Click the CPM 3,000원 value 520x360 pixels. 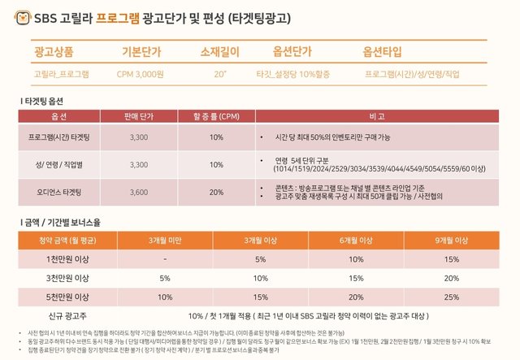point(140,74)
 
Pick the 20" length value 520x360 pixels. point(219,74)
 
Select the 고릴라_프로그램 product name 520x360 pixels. point(62,74)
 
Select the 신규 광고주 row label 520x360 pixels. point(65,315)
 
